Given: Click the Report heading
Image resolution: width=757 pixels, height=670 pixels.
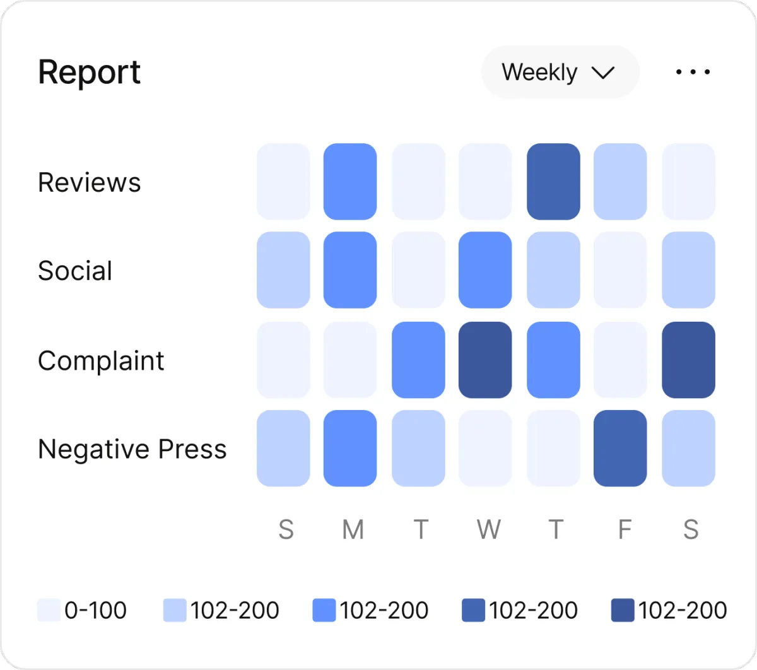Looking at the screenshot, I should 89,73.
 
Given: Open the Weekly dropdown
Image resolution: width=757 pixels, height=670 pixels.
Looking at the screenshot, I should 560,73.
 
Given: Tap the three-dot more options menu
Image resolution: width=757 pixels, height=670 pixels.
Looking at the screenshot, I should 693,73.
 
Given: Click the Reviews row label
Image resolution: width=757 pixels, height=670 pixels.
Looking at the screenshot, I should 89,182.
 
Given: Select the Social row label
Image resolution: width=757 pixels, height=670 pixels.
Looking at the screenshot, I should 75,271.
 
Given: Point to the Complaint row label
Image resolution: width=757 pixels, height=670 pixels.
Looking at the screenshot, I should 101,361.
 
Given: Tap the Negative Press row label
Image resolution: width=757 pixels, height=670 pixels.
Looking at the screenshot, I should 132,449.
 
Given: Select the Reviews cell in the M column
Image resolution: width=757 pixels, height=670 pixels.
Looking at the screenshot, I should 350,182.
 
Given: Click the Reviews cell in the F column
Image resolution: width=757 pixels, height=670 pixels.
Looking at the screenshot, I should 620,182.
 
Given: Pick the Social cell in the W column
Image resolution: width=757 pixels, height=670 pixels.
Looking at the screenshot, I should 485,270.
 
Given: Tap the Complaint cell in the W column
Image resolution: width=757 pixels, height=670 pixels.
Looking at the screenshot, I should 485,360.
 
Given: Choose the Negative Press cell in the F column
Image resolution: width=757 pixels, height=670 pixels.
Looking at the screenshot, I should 620,449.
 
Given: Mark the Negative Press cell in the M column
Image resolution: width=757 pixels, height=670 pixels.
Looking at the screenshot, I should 350,449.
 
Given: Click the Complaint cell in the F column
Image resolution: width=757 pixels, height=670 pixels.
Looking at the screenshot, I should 620,360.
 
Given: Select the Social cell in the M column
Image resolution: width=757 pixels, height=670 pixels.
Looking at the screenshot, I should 350,270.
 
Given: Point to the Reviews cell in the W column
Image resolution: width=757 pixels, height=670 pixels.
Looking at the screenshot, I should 485,182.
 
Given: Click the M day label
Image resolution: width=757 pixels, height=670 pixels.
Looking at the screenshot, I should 353,530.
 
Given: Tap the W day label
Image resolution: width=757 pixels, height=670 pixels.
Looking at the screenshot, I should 489,530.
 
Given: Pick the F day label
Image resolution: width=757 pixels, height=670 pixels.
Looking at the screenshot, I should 624,530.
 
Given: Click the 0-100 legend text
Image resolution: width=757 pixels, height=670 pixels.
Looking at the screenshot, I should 95,610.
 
